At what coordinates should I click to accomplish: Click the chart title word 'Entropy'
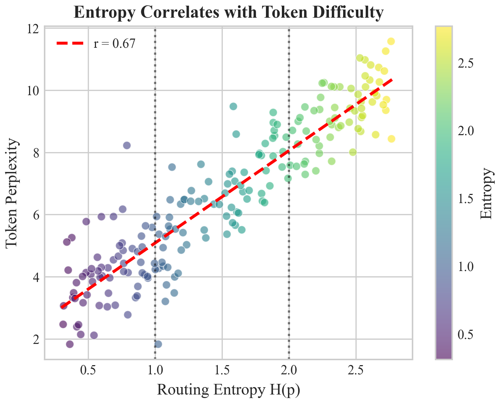[101, 13]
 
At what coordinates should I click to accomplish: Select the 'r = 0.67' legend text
[114, 44]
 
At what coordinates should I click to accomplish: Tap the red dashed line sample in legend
[70, 43]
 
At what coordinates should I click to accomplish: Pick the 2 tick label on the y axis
[36, 339]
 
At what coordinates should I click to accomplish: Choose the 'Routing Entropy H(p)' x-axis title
[228, 390]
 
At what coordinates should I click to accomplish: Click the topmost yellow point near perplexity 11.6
[391, 41]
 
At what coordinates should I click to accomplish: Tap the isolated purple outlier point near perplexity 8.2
[127, 145]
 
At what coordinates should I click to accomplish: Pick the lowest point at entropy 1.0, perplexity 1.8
[158, 344]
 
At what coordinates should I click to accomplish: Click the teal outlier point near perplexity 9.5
[233, 106]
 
